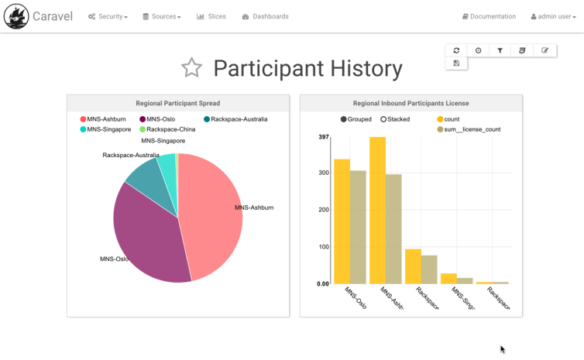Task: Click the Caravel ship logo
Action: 15,16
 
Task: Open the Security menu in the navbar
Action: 108,16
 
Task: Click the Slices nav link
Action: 211,16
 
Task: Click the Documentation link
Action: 489,16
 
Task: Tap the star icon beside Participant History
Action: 191,68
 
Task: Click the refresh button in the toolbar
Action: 456,50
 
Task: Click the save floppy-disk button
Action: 456,63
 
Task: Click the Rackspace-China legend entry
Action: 167,129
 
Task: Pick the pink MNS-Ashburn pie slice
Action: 213,209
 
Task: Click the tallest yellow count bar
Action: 377,209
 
